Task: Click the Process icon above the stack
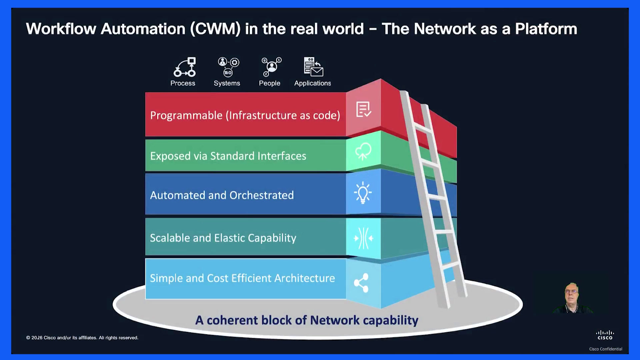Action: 185,67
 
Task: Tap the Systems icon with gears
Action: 228,67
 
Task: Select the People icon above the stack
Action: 271,67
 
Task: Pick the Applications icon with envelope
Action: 313,67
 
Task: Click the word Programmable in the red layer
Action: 186,115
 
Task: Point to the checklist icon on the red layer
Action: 363,109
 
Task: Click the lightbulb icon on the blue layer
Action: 363,193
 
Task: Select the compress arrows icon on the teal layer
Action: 363,238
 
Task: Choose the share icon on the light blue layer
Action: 361,283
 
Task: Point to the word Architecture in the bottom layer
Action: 305,278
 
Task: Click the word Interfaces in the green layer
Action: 282,156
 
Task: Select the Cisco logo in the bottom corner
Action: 605,335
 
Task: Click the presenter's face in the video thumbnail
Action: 571,293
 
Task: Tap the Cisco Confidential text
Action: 606,349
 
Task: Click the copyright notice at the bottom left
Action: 82,338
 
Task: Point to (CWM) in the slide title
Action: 215,29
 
